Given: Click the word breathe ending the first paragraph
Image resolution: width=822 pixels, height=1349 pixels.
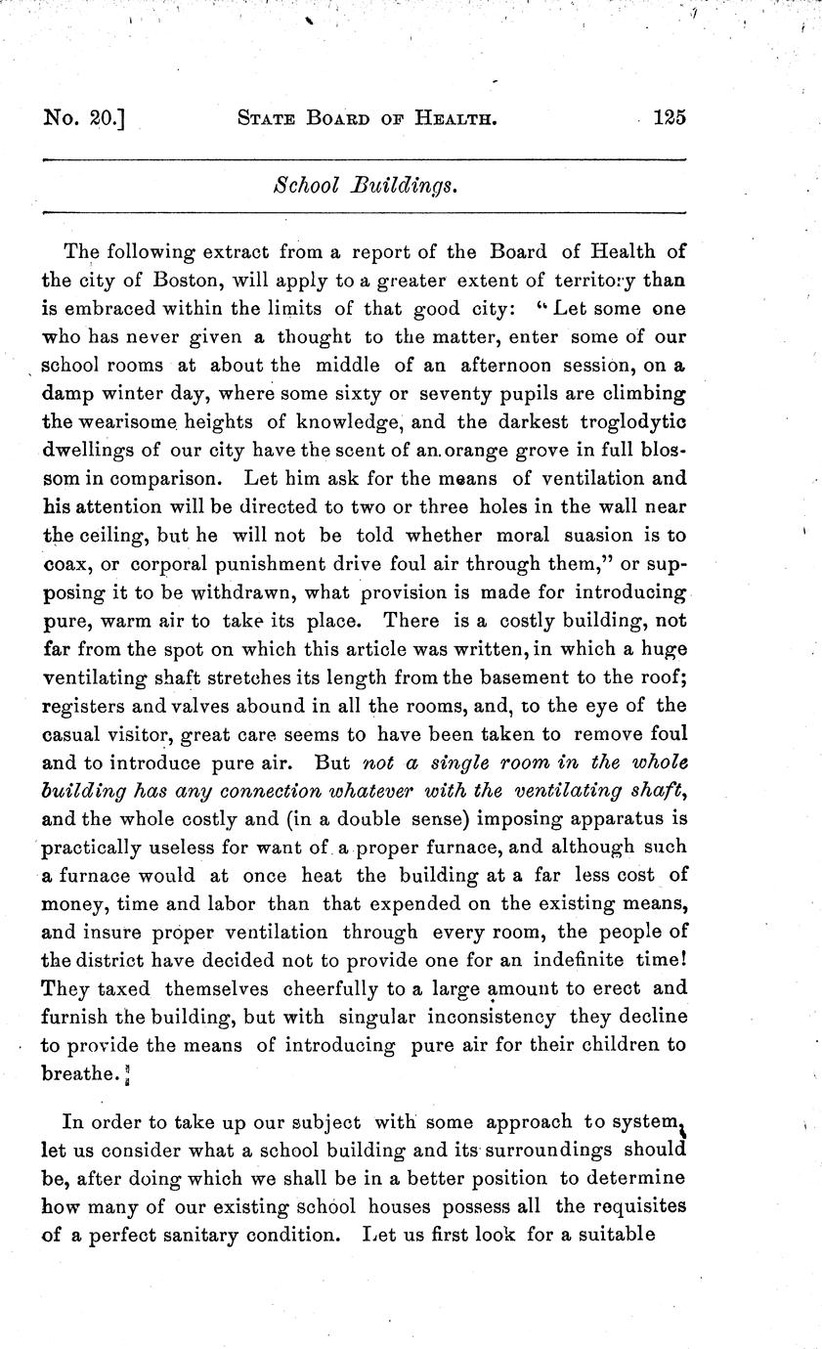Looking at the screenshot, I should coord(78,1072).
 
